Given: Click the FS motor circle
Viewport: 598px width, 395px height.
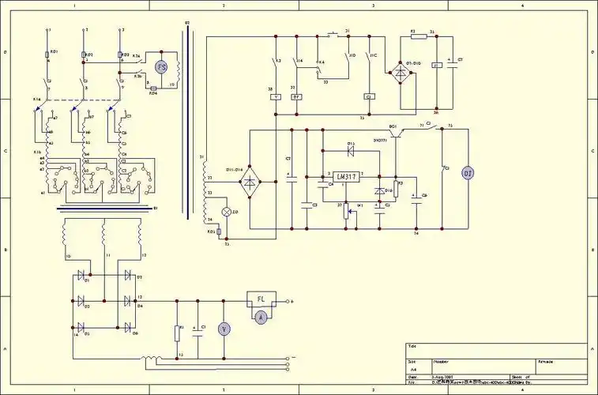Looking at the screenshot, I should [x=161, y=67].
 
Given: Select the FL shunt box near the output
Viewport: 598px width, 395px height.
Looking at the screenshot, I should [x=260, y=301].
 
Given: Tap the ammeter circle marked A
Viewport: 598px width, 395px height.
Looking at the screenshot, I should [x=260, y=315].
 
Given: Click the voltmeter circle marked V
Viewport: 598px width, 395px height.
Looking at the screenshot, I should [x=224, y=329].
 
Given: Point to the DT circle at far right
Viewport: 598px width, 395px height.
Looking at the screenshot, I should [x=467, y=174].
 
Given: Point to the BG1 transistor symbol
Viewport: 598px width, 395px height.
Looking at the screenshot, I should [x=398, y=132].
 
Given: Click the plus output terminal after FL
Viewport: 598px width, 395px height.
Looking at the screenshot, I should [x=289, y=301].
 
